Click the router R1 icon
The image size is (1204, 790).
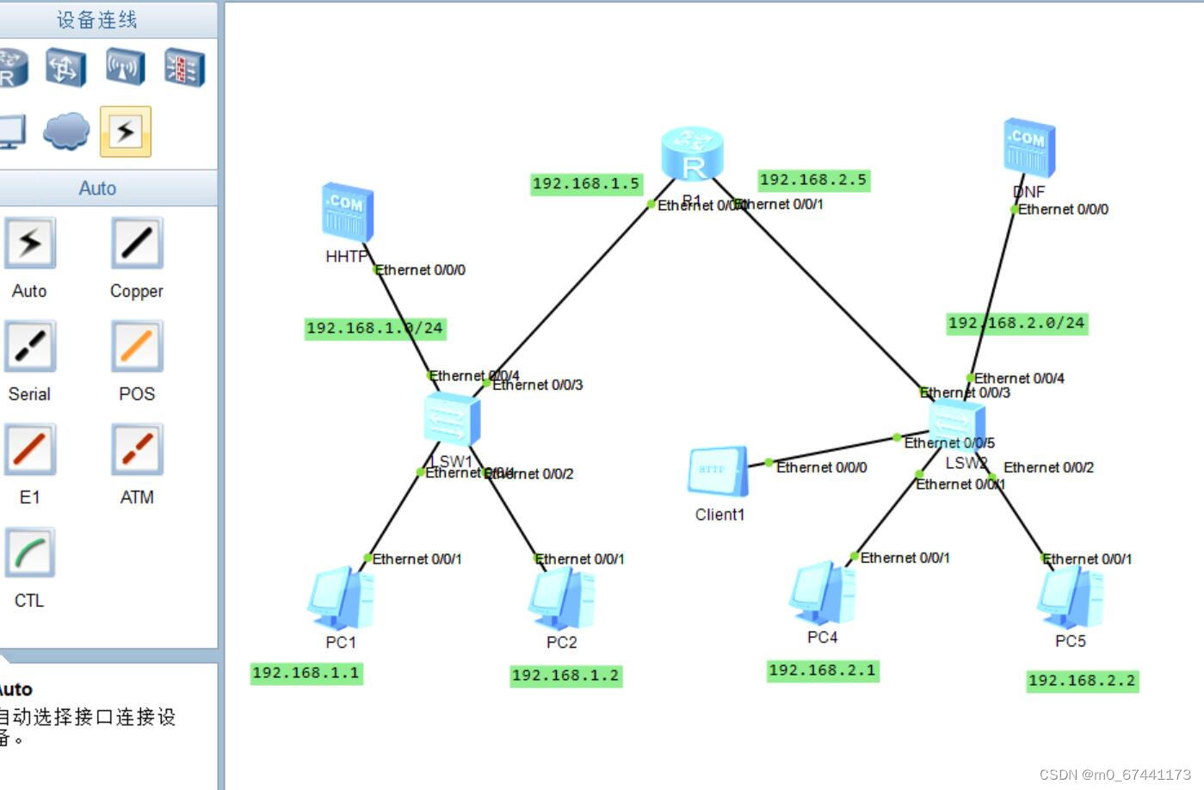(692, 154)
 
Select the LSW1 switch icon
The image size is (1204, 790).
(452, 420)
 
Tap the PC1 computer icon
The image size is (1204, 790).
(341, 597)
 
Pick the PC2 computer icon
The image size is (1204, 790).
(561, 599)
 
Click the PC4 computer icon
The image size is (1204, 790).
(822, 593)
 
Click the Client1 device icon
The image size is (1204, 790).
(718, 471)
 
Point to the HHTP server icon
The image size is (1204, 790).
(348, 212)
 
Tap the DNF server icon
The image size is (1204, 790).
(1028, 148)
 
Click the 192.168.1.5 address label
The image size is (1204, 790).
(586, 183)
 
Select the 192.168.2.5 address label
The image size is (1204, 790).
(813, 180)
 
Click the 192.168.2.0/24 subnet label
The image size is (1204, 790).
(1016, 323)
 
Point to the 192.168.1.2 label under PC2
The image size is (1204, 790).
(565, 676)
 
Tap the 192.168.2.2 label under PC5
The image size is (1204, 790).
(1082, 681)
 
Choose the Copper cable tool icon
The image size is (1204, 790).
(136, 244)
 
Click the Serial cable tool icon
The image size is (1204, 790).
(30, 347)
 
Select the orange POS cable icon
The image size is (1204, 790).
(136, 347)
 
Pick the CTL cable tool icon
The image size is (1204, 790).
(30, 553)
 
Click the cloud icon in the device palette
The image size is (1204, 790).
(66, 131)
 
